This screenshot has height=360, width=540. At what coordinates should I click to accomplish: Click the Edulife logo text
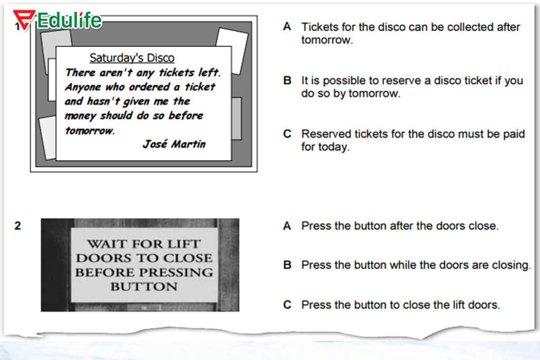click(x=70, y=21)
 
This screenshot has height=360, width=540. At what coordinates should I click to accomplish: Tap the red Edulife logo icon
click(x=24, y=20)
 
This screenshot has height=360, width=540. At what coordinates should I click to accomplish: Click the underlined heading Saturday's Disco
click(x=132, y=57)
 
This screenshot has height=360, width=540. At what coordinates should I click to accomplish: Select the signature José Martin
click(x=174, y=143)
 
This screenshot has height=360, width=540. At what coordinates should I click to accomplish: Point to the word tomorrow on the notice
click(x=90, y=130)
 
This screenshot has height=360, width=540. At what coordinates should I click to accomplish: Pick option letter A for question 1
click(x=287, y=26)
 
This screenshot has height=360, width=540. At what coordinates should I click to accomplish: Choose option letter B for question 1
click(x=287, y=80)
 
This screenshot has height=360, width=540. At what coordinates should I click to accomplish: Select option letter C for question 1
click(x=287, y=133)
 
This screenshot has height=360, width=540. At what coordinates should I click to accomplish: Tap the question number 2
click(x=17, y=226)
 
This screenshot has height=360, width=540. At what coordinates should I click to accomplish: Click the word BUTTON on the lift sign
click(x=144, y=286)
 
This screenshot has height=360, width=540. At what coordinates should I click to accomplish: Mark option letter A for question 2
click(x=287, y=226)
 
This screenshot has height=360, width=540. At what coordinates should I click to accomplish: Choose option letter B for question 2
click(x=287, y=265)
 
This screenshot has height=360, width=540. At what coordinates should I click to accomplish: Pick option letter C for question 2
click(x=287, y=305)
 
